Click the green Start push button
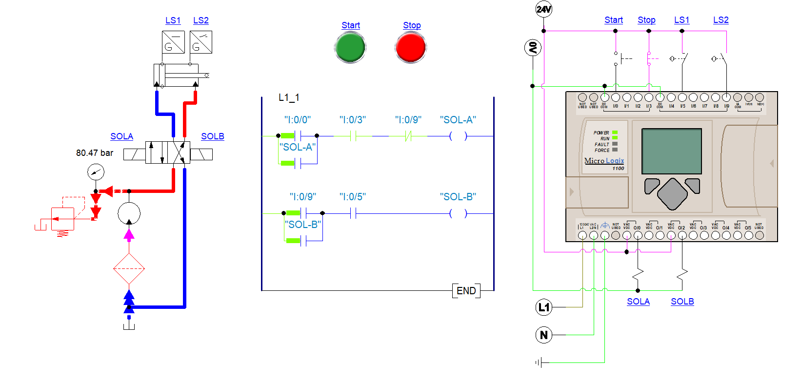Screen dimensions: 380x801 tap(350, 48)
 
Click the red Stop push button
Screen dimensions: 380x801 tap(411, 48)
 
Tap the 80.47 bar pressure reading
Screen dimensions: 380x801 tap(95, 153)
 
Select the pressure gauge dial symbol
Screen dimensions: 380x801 tap(96, 172)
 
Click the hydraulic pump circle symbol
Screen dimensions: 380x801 tap(129, 213)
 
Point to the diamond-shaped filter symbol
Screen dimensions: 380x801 tap(129, 268)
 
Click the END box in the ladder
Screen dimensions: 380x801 tap(466, 291)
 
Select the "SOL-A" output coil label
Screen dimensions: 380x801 tap(458, 120)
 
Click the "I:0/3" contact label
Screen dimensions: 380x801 tap(352, 120)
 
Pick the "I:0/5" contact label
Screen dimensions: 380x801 tap(352, 197)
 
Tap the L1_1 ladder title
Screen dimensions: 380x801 tap(289, 98)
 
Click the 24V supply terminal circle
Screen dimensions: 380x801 tap(543, 9)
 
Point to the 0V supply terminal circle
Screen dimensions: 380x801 tap(533, 48)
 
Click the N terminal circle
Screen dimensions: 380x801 tap(543, 335)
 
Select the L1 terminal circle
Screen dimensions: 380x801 tap(543, 307)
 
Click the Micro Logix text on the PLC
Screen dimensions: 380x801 tap(604, 161)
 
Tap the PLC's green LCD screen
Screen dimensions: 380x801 tap(671, 151)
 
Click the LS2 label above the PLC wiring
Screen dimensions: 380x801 tap(721, 20)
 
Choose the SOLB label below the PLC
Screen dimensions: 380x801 tap(682, 302)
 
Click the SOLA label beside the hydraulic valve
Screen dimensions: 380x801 tap(121, 136)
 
